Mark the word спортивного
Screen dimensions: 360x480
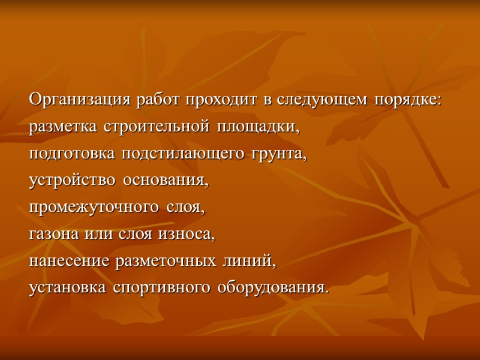[x=158, y=288]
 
